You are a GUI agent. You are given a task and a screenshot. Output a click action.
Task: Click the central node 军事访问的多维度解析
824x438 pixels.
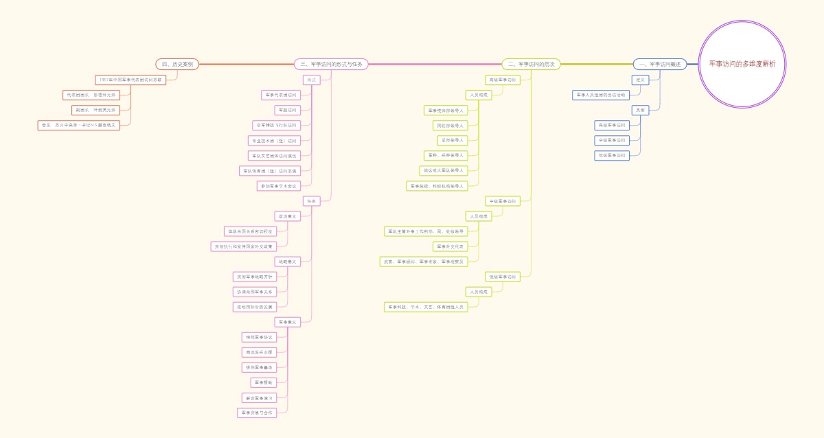point(742,64)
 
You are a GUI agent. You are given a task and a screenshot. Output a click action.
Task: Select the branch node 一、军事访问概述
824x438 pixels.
point(659,64)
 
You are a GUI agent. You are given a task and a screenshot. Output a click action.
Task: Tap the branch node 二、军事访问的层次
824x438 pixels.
point(531,64)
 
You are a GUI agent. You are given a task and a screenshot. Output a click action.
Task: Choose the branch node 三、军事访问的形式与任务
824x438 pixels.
point(332,64)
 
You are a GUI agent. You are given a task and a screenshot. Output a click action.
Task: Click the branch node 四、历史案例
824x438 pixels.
point(177,64)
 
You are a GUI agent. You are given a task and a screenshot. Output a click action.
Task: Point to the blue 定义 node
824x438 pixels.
point(640,80)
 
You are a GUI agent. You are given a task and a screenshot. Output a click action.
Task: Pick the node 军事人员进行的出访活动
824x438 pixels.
point(601,95)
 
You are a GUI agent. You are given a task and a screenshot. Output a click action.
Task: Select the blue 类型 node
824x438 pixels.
point(640,110)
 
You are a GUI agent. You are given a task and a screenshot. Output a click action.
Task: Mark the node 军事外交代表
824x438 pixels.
point(450,246)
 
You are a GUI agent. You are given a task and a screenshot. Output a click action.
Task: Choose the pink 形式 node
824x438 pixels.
point(312,80)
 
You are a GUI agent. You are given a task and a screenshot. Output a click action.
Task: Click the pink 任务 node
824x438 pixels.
point(312,200)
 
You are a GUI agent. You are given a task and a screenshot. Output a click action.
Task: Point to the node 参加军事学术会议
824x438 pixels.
point(277,185)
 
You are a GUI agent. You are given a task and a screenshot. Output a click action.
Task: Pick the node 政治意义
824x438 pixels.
point(287,216)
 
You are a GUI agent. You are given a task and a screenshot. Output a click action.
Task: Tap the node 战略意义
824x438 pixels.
point(287,261)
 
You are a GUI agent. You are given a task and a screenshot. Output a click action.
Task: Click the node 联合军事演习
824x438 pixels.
point(258,397)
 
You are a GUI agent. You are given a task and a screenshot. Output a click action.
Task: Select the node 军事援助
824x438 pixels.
point(264,382)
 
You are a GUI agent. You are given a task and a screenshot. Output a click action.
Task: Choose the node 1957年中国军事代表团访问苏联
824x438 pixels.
point(131,80)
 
